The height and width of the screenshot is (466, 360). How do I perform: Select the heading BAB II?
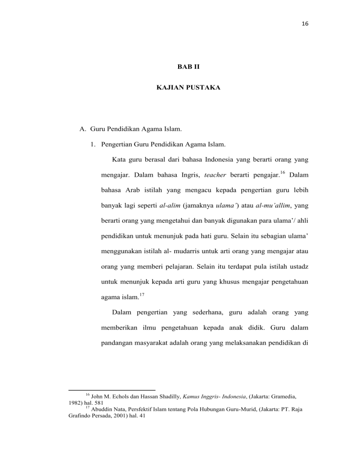point(180,69)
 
